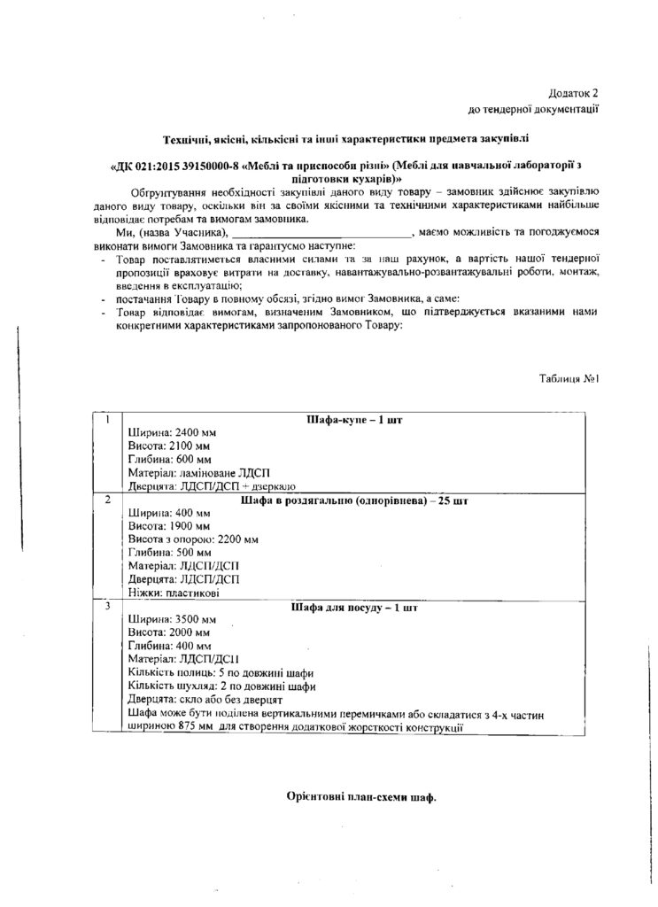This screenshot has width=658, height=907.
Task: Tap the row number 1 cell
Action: (108, 419)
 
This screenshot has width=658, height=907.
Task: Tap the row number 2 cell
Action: (108, 500)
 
